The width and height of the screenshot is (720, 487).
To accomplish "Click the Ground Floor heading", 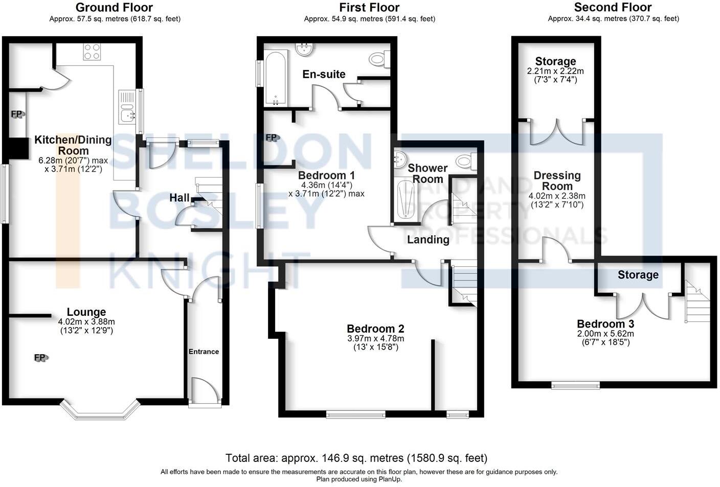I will click(x=114, y=7).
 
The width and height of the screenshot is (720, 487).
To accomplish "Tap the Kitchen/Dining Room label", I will click(x=73, y=145).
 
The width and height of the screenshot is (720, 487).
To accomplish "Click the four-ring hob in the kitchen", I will click(x=92, y=52).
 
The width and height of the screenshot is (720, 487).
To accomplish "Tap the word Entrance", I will click(x=204, y=352).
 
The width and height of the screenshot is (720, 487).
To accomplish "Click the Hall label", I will click(x=179, y=198).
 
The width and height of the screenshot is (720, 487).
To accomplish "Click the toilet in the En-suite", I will click(x=379, y=60).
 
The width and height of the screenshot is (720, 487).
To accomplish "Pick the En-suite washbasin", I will click(x=306, y=49).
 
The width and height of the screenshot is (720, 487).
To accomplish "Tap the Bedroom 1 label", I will click(x=326, y=175).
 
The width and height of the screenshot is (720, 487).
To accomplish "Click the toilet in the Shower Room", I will click(x=465, y=162).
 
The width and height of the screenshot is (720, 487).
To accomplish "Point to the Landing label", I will click(x=428, y=239).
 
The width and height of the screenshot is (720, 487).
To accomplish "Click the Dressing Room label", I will click(x=557, y=180).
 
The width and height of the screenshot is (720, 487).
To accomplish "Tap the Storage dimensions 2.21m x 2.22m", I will click(x=555, y=71).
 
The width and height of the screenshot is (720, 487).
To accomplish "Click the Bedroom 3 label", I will click(x=605, y=324).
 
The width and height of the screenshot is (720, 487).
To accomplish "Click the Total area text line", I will click(x=356, y=458).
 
